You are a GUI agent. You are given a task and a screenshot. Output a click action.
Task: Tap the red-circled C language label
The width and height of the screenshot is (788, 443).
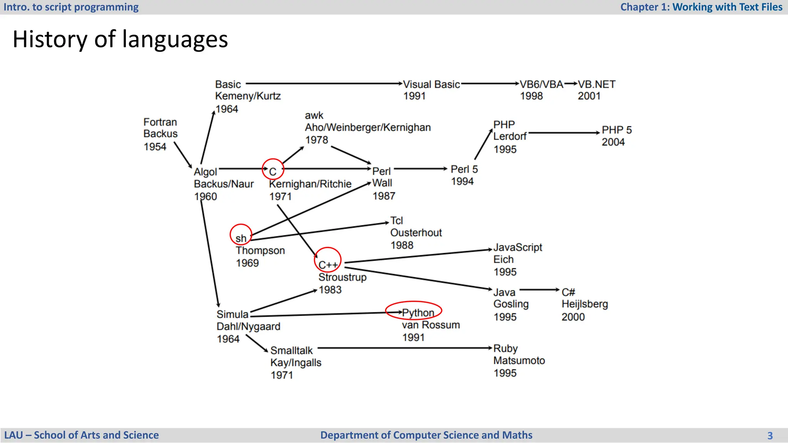273,171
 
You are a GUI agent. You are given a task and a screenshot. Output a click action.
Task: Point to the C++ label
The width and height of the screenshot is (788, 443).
328,265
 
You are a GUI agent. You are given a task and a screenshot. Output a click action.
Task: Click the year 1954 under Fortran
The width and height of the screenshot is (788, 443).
155,147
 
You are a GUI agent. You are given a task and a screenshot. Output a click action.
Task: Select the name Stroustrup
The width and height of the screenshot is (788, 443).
342,277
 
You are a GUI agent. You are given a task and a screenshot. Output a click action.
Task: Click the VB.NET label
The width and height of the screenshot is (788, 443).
596,84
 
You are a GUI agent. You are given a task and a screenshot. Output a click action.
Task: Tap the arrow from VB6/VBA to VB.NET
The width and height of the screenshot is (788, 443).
571,83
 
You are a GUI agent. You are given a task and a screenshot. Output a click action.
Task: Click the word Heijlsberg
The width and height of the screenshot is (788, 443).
584,304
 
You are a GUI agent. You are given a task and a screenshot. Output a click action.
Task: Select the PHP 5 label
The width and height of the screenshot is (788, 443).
616,130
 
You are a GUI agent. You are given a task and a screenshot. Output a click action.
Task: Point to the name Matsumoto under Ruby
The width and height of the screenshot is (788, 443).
519,360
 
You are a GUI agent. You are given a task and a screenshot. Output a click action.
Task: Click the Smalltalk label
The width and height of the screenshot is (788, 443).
291,350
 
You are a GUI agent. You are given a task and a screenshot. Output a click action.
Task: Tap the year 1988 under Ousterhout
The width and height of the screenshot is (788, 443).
402,245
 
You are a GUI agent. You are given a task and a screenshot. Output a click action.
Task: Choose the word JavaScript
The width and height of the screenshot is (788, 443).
518,247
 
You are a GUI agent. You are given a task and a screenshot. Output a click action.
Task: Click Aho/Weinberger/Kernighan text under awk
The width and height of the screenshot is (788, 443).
367,127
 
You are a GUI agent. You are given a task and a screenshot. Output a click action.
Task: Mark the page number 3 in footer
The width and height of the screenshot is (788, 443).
770,435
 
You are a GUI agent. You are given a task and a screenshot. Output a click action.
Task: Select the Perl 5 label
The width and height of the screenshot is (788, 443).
464,169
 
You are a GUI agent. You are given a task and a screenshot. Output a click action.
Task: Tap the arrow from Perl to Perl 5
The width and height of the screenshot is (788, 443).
421,168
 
